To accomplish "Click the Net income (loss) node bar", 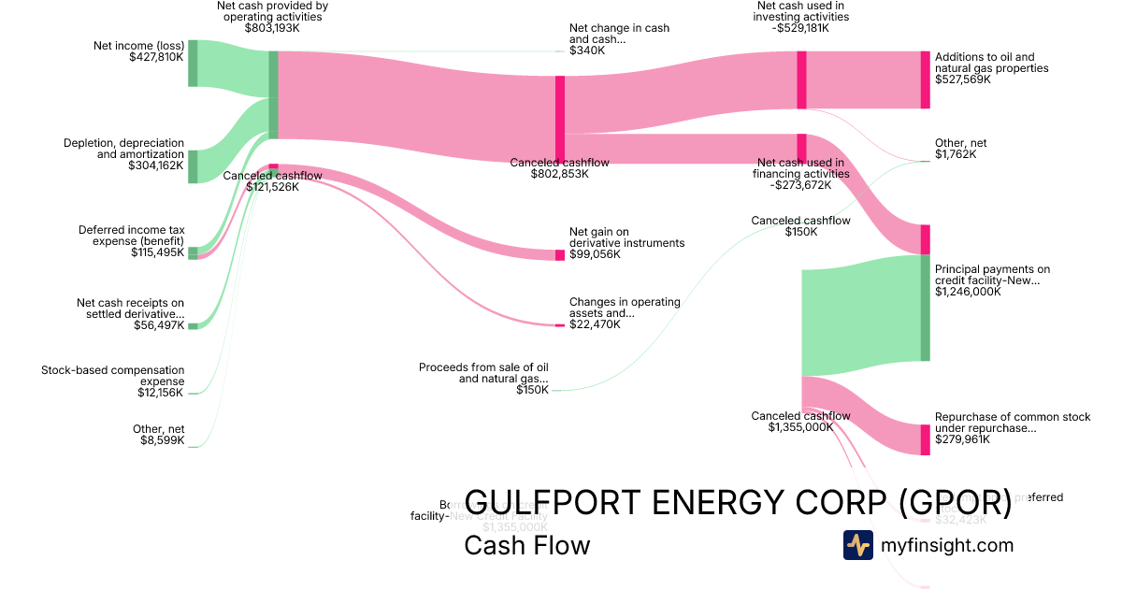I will pos(193,64).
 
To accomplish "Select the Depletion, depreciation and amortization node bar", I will pos(193,166).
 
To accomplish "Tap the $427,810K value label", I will pos(156,57).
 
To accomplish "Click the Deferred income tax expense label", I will pos(131,235).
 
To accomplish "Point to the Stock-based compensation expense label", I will pos(113,376).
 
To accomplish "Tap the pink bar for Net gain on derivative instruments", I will pos(559,254).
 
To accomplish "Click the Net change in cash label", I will pos(606,34).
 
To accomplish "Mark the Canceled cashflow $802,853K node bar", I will pos(559,120).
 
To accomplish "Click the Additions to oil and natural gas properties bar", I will pos(925,80).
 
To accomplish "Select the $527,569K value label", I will pos(962,79).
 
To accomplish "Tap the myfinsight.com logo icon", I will pos(857,545).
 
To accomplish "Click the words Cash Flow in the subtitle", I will pos(526,545).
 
